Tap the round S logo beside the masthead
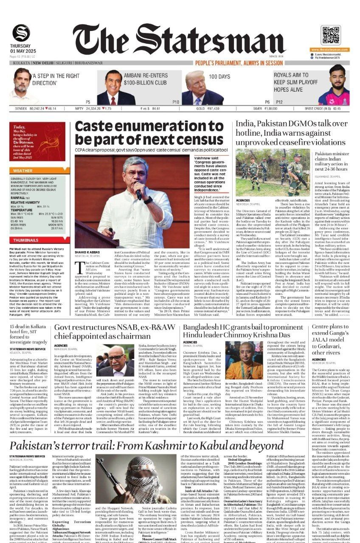(x=21, y=33)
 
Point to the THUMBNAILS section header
(x=26, y=240)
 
